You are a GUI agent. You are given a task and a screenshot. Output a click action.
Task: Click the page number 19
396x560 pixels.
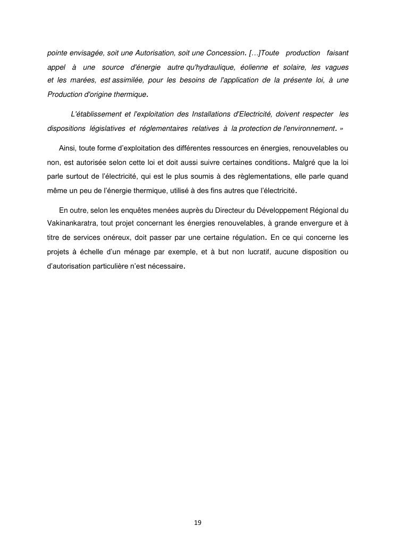coord(198,523)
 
